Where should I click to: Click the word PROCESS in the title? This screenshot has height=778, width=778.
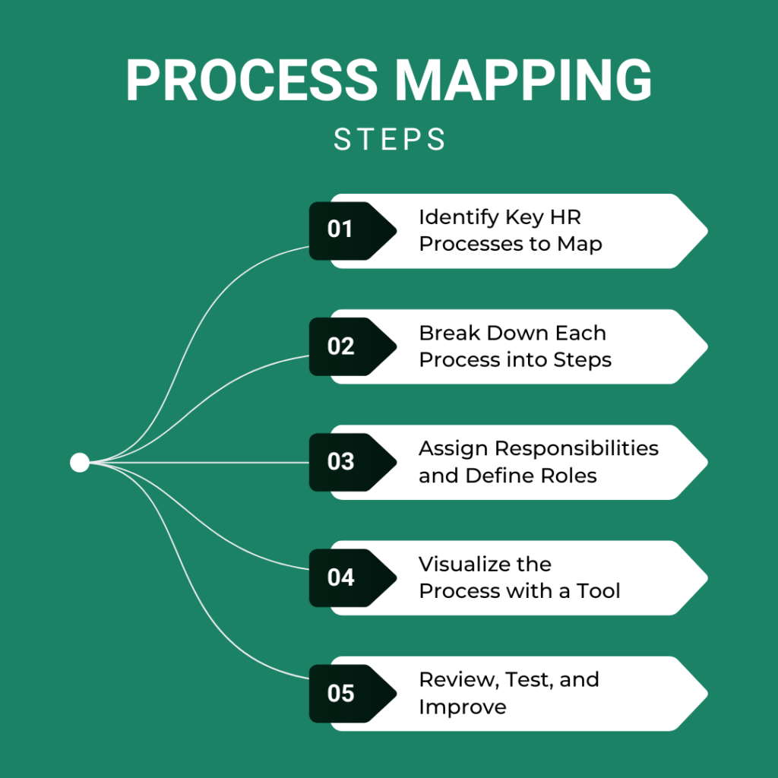click(x=251, y=80)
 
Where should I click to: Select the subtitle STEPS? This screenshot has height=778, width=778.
click(x=389, y=140)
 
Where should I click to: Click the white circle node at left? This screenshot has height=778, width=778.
click(x=80, y=462)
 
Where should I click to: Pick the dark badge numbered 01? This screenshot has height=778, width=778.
click(x=340, y=230)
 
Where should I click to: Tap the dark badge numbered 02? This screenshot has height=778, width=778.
click(x=340, y=346)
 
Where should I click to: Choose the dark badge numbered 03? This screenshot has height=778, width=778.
click(x=340, y=462)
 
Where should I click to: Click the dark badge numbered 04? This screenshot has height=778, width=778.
click(x=340, y=577)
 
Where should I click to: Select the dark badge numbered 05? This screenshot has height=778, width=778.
click(x=340, y=693)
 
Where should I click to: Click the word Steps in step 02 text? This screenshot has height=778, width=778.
click(x=583, y=360)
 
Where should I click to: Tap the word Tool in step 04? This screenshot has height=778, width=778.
click(x=598, y=591)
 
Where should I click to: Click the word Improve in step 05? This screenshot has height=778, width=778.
click(x=462, y=707)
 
